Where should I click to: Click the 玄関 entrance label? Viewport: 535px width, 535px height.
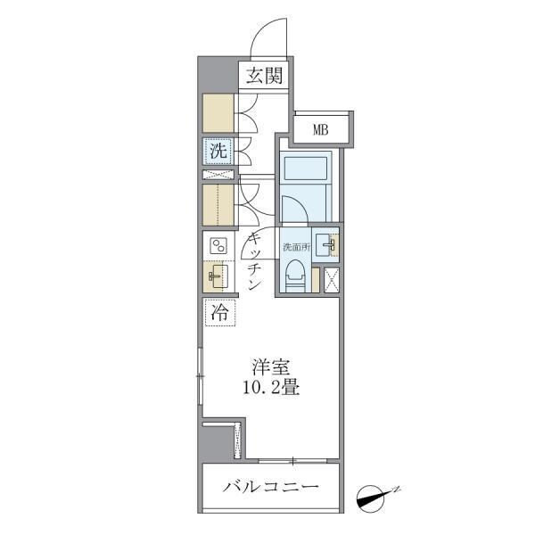pyautogui.click(x=264, y=77)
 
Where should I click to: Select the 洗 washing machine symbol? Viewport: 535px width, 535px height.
pyautogui.click(x=218, y=152)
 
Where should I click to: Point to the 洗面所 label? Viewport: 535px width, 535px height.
pyautogui.click(x=296, y=245)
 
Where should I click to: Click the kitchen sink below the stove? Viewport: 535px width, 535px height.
pyautogui.click(x=218, y=276)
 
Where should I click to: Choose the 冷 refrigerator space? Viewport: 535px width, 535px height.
pyautogui.click(x=218, y=313)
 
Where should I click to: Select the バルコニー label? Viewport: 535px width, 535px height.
pyautogui.click(x=271, y=488)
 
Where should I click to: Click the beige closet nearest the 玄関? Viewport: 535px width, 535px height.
pyautogui.click(x=217, y=113)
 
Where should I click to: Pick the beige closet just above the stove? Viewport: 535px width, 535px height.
pyautogui.click(x=217, y=204)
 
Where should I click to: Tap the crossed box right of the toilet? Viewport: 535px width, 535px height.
pyautogui.click(x=332, y=278)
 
